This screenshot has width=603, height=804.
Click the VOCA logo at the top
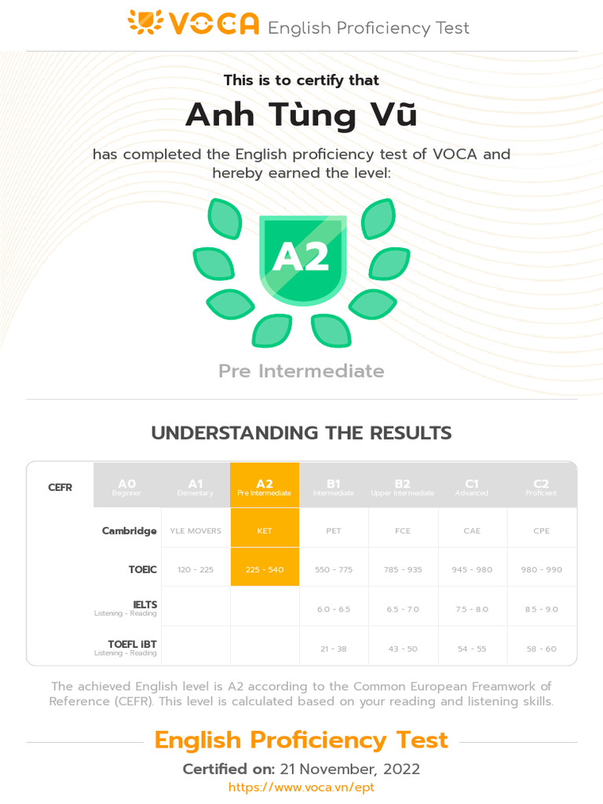193,24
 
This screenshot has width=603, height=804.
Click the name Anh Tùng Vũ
301,115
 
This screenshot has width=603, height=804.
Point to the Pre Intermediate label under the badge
301,371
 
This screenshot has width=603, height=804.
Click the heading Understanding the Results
301,433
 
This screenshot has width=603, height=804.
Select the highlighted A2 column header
265,487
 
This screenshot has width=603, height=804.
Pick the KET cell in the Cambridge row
265,531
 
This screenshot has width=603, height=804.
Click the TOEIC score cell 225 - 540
265,569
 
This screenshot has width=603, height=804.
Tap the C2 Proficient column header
541,487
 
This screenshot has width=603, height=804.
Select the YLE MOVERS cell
196,531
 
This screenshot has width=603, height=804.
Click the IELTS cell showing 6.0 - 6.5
334,609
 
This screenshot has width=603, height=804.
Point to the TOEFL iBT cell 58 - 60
541,649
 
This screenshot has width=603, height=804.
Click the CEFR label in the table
60,487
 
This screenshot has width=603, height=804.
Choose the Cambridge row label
129,531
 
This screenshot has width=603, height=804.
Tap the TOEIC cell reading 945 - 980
472,569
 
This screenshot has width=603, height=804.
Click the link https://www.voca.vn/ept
301,787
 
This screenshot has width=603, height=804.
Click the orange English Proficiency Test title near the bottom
301,740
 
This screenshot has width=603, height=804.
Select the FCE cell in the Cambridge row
403,531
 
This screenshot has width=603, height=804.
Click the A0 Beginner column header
127,487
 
